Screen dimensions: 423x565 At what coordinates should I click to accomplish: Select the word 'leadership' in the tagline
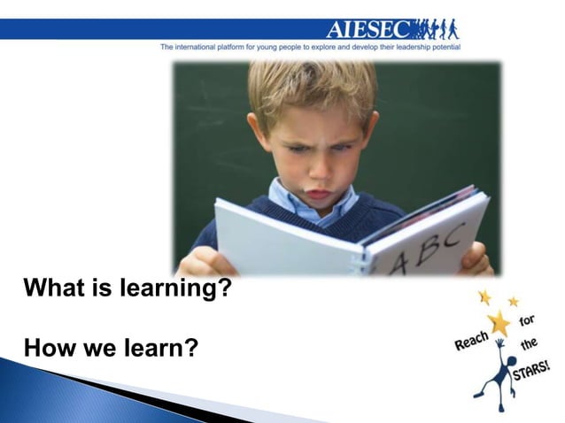(400, 46)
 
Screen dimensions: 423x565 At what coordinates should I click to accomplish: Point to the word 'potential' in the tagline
(442, 46)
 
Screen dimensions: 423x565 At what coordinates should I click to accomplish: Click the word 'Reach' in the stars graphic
(470, 338)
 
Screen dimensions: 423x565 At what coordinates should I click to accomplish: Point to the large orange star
(500, 323)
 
